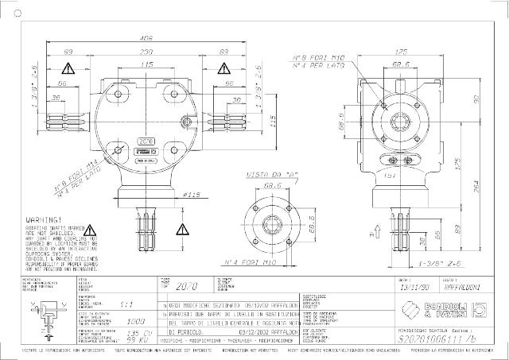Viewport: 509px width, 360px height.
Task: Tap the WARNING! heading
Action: [45, 218]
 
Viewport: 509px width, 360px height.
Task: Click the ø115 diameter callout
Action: [191, 195]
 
